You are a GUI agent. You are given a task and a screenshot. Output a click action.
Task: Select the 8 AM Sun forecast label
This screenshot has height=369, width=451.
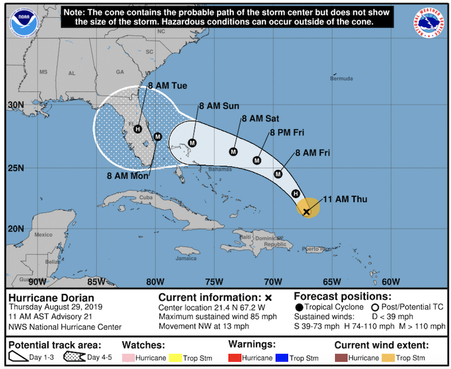point(219,106)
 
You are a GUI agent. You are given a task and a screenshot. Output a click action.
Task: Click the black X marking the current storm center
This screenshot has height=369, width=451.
point(306,212)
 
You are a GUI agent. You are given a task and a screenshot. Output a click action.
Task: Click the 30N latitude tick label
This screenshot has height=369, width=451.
point(16,106)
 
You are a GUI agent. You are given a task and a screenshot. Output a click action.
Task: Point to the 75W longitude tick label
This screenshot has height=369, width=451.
point(213,282)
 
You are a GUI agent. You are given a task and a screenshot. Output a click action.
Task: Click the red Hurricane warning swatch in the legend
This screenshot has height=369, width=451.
point(236,358)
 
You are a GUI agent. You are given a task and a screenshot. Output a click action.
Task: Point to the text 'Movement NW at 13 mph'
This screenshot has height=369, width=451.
point(204,326)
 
